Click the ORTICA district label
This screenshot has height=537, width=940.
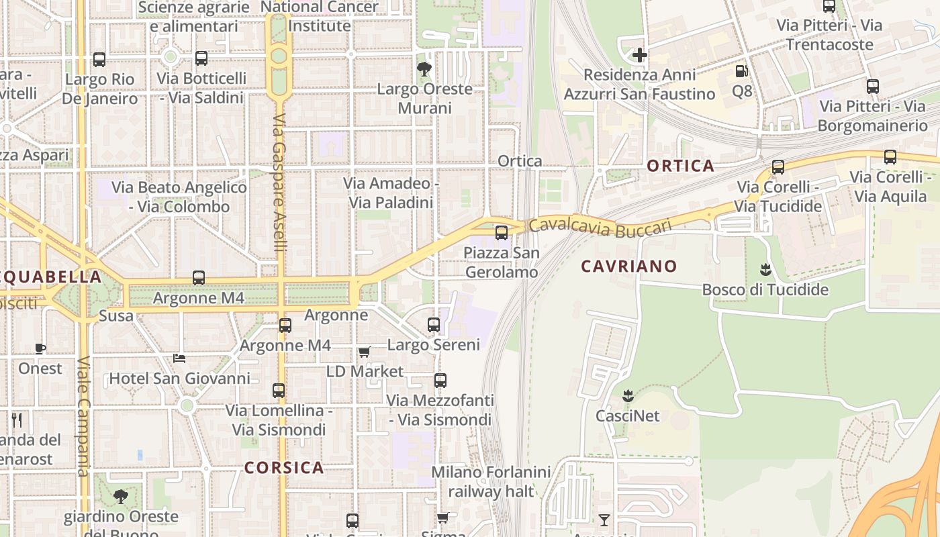(680, 166)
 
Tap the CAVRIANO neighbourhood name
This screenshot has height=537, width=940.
(629, 266)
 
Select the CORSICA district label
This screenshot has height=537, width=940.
(284, 468)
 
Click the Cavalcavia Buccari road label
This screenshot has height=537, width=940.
(600, 227)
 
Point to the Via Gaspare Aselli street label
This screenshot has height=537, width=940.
(280, 183)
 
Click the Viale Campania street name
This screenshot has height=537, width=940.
(83, 416)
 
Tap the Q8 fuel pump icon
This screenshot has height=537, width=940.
(742, 71)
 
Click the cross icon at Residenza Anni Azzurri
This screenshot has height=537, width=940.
(639, 55)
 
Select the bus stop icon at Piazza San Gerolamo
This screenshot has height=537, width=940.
(502, 233)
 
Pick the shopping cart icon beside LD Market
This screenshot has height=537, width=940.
(365, 352)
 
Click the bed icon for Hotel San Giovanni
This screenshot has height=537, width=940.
(179, 358)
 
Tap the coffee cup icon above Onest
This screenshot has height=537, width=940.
(40, 348)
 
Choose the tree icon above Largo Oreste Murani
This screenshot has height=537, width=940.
(424, 68)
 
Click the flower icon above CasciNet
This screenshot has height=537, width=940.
(628, 395)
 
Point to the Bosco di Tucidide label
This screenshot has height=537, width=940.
(765, 290)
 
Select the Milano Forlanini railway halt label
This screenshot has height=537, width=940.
(491, 481)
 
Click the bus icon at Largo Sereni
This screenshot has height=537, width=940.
(434, 325)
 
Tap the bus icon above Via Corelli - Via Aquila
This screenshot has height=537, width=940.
(890, 157)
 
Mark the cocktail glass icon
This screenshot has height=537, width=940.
(604, 520)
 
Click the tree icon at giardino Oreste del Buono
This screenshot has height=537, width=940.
(121, 497)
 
